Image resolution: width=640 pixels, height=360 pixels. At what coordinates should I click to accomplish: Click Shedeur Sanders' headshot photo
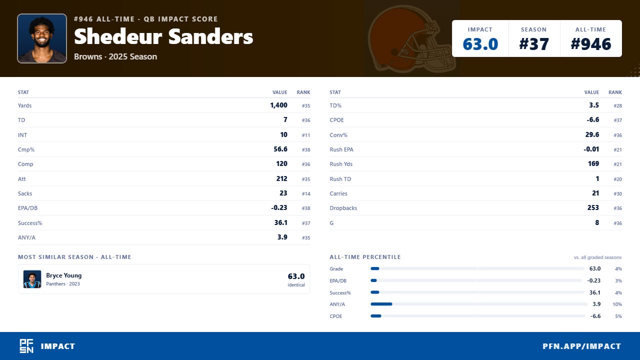tap(42, 38)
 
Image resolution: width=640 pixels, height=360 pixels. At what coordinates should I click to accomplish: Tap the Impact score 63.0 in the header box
tap(480, 44)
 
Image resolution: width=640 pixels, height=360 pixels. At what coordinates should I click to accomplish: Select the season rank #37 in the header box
tap(533, 44)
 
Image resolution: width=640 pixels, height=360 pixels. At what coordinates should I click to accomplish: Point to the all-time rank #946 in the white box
tap(590, 44)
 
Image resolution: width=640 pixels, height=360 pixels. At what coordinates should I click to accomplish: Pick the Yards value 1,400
tap(278, 105)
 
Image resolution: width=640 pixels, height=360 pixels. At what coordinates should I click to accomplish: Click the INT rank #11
tap(305, 135)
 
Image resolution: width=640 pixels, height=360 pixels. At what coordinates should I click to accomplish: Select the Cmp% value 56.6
tap(280, 149)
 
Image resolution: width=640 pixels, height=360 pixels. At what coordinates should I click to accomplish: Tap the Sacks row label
tap(25, 193)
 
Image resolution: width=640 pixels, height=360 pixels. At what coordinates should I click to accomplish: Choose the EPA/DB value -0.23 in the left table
tap(279, 207)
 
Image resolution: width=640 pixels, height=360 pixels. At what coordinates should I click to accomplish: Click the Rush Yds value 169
tap(593, 163)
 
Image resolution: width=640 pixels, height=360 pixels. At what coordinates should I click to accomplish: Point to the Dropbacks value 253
tap(593, 207)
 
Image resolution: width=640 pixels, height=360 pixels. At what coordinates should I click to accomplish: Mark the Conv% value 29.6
tap(592, 134)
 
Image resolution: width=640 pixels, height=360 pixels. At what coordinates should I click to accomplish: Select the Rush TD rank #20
tap(617, 179)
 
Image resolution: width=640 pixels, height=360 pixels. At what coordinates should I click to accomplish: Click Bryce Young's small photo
tap(32, 279)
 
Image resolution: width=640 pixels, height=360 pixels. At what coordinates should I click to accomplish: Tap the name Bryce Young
tap(63, 275)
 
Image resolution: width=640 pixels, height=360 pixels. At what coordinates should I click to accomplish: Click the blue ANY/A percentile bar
tap(381, 304)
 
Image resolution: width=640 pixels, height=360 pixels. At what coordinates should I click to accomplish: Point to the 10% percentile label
tap(617, 304)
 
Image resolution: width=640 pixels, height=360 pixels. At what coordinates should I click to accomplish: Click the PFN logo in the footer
tap(26, 346)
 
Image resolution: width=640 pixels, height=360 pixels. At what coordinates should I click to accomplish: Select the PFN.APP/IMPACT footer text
tap(581, 346)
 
